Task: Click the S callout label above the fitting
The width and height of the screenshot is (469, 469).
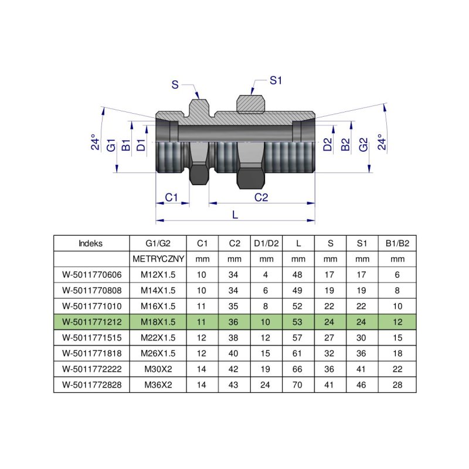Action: coord(175,84)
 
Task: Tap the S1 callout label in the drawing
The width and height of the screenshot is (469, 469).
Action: coord(276,80)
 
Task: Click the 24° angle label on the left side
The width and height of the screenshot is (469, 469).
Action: coord(94,144)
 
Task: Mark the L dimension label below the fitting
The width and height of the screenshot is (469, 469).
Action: coord(235,215)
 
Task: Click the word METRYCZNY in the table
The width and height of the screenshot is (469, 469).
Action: coord(158,259)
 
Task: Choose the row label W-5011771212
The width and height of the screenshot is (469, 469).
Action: coord(91,321)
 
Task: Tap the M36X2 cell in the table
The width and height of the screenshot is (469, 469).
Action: coord(158,385)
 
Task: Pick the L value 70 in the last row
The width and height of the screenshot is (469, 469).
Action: coord(298,385)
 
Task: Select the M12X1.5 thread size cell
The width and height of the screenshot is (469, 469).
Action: coord(158,274)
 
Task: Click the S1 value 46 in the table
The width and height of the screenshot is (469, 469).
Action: coord(362,385)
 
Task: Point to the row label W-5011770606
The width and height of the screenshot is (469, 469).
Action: coord(91,274)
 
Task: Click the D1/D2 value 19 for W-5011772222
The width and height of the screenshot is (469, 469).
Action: coord(266,369)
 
